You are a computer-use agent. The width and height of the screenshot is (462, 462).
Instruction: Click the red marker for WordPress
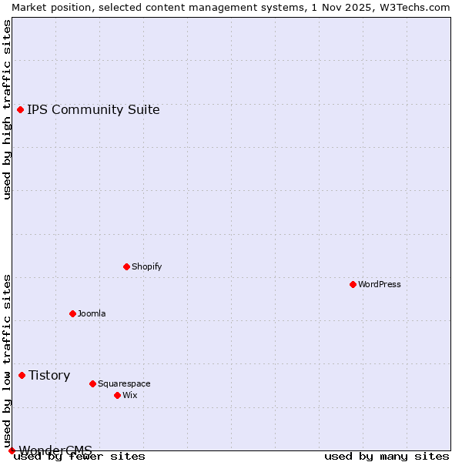point(353,284)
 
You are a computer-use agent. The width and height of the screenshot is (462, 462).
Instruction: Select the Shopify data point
point(126,266)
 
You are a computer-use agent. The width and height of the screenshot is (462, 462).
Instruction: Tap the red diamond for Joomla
point(72,313)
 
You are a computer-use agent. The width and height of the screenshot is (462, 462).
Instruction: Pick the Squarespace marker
point(92,383)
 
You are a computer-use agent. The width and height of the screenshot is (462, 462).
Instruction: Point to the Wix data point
point(117,395)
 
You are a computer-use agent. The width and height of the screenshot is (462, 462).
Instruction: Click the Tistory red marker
point(22,375)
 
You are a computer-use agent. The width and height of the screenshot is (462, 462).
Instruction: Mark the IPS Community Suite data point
point(20,109)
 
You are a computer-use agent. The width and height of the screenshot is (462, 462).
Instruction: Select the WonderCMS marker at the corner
point(12,450)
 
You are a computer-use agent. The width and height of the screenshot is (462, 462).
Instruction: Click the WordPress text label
point(380,284)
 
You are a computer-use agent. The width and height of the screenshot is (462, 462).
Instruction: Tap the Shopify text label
point(147,266)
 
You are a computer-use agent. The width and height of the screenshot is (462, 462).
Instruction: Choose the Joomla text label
point(92,313)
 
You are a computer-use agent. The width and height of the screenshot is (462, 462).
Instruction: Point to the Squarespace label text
point(124,383)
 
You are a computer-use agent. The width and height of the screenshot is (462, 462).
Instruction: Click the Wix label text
point(130,395)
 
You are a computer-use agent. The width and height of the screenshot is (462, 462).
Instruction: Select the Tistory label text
point(49,375)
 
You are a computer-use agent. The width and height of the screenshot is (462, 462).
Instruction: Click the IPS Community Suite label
point(93,109)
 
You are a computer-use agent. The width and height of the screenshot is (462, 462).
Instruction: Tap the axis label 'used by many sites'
point(387,456)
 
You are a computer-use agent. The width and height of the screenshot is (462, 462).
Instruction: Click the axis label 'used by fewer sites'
point(80,456)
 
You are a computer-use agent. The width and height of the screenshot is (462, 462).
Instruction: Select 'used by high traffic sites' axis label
point(7,109)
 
